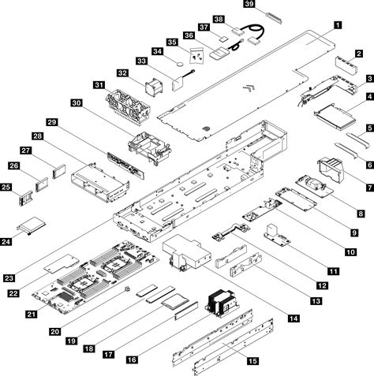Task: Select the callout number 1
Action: click(x=338, y=24)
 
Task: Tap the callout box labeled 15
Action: click(x=252, y=361)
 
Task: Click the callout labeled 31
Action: click(x=99, y=84)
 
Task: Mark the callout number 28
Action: click(x=60, y=136)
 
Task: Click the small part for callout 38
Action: click(x=223, y=34)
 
